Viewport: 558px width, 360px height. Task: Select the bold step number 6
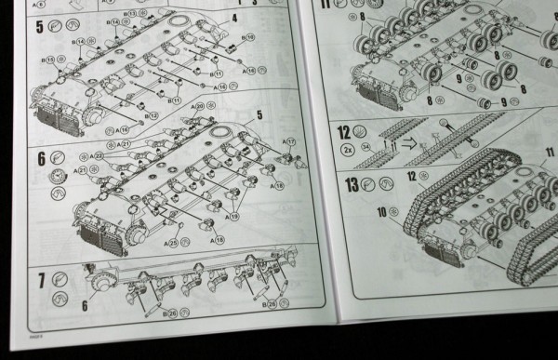pyautogui.click(x=16, y=159)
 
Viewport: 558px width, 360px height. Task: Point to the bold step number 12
pyautogui.click(x=343, y=133)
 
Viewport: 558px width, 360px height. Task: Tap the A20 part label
pyautogui.click(x=198, y=106)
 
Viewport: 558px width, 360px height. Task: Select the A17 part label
pyautogui.click(x=290, y=141)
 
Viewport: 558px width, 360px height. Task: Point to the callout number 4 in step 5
pyautogui.click(x=234, y=18)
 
